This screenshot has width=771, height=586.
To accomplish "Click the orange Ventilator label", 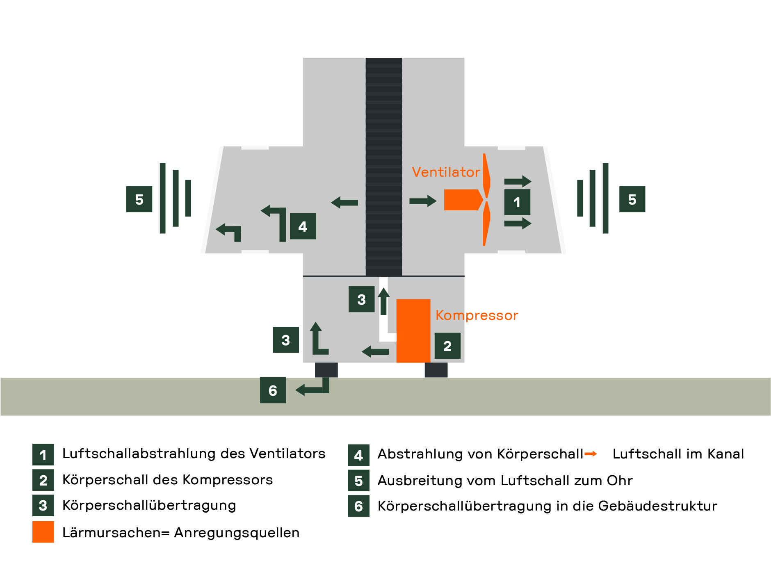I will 446,172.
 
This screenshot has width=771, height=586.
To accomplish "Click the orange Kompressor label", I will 477,315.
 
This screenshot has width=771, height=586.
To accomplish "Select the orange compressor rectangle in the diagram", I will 413,331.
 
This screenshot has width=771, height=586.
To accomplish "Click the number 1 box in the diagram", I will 517,202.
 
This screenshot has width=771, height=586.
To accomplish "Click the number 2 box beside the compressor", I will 447,346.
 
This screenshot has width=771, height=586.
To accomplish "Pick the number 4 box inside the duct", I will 303,226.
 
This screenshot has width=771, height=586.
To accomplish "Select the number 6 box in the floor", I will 273,390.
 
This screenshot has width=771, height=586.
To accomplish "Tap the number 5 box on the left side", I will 139,199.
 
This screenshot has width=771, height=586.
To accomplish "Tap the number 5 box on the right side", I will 632,199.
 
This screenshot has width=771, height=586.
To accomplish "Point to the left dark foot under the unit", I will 326,370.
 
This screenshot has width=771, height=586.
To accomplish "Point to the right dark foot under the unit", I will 436,370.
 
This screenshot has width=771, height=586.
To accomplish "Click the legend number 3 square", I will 43,505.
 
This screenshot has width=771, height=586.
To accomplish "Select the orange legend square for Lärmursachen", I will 43,532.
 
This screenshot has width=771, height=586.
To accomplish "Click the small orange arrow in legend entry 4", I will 591,454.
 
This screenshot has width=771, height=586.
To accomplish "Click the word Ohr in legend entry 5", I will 620,480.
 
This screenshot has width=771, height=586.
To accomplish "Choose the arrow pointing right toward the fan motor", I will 422,201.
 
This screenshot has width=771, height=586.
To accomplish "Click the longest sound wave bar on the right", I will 605,198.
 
